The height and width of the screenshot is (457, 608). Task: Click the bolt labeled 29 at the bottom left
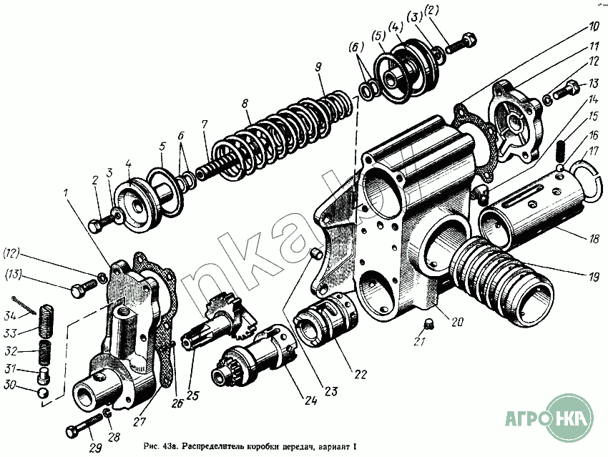click(81, 431)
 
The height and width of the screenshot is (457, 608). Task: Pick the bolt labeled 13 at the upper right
click(567, 92)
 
